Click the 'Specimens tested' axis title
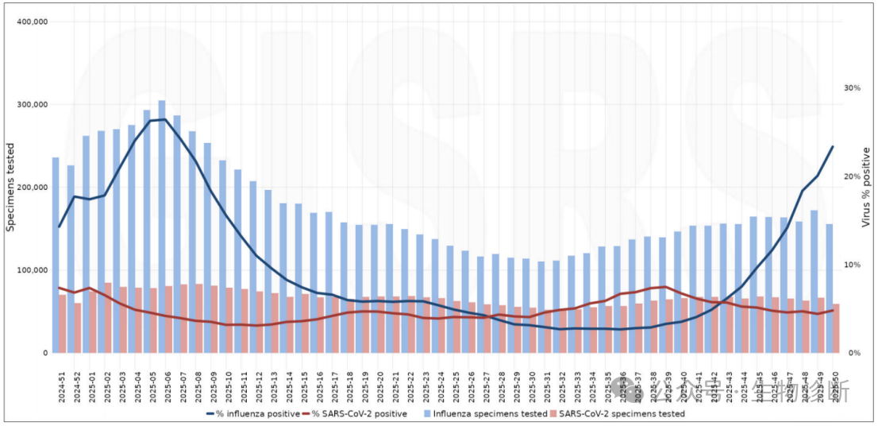point(11,187)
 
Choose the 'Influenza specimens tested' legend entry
point(483,413)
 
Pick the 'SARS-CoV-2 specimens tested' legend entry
point(616,413)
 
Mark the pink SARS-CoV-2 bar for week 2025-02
point(108,318)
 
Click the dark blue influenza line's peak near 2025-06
point(164,119)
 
